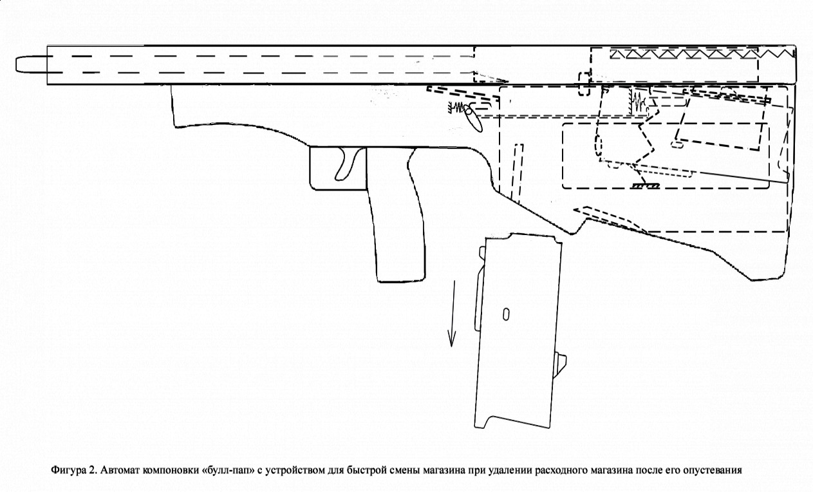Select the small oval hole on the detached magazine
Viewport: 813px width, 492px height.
(506, 314)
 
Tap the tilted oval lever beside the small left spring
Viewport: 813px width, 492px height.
(474, 119)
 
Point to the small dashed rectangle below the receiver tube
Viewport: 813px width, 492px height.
(584, 84)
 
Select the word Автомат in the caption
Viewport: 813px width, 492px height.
(120, 470)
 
